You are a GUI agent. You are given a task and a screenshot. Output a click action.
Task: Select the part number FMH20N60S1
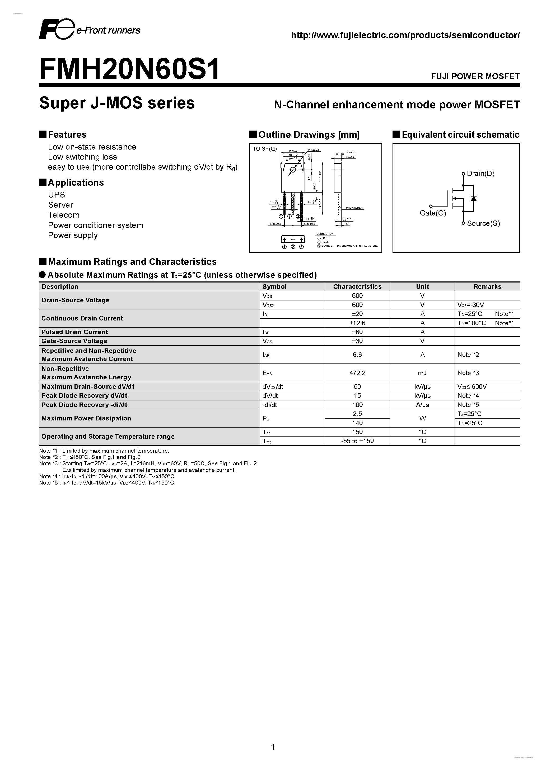pyautogui.click(x=129, y=69)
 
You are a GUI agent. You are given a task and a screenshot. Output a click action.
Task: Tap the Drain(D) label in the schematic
pyautogui.click(x=480, y=174)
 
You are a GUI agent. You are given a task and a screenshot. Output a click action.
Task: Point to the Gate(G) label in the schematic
pyautogui.click(x=433, y=213)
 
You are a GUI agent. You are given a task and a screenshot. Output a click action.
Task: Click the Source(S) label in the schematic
pyautogui.click(x=483, y=223)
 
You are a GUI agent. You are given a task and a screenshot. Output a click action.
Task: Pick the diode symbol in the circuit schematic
pyautogui.click(x=474, y=198)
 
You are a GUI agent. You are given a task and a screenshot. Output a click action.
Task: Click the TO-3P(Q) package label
pyautogui.click(x=265, y=149)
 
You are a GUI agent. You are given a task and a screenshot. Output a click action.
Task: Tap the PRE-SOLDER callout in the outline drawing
pyautogui.click(x=354, y=208)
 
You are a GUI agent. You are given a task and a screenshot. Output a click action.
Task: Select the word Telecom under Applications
pyautogui.click(x=64, y=215)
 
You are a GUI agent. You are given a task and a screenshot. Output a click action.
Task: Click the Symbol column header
pyautogui.click(x=274, y=286)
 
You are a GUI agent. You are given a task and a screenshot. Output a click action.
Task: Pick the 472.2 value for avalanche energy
pyautogui.click(x=357, y=373)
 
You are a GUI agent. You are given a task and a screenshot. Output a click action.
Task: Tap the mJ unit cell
pyautogui.click(x=422, y=373)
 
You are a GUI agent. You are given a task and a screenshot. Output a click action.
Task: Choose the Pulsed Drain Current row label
pyautogui.click(x=75, y=332)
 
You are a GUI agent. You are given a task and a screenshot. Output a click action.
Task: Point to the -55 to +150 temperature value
pyautogui.click(x=357, y=441)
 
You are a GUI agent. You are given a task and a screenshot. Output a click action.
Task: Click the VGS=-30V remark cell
pyautogui.click(x=470, y=305)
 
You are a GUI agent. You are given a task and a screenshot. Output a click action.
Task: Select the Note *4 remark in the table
pyautogui.click(x=468, y=396)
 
